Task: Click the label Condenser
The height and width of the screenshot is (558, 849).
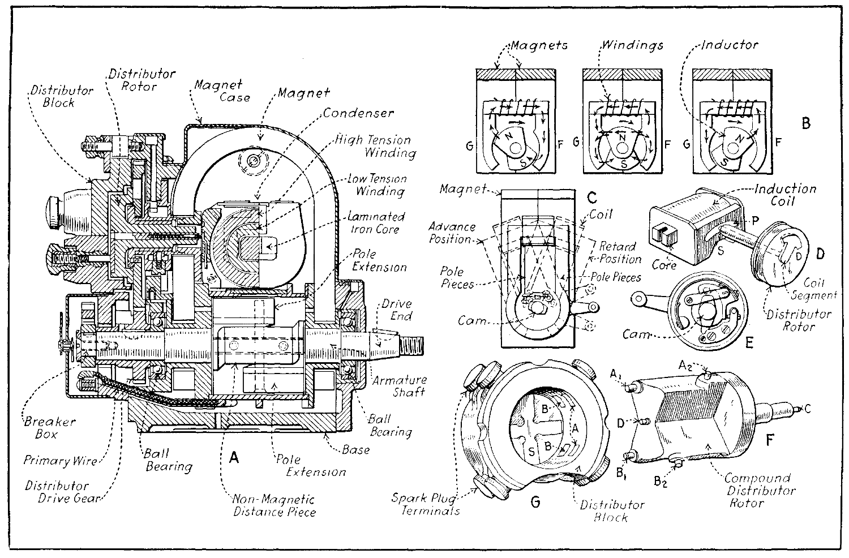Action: click(358, 113)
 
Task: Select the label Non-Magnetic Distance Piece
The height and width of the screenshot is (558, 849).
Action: click(275, 505)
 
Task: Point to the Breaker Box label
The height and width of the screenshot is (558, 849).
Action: click(50, 428)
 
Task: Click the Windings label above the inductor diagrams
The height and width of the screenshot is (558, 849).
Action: click(632, 44)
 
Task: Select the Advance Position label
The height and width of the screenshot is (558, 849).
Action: click(452, 233)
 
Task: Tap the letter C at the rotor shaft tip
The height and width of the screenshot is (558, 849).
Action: click(807, 408)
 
